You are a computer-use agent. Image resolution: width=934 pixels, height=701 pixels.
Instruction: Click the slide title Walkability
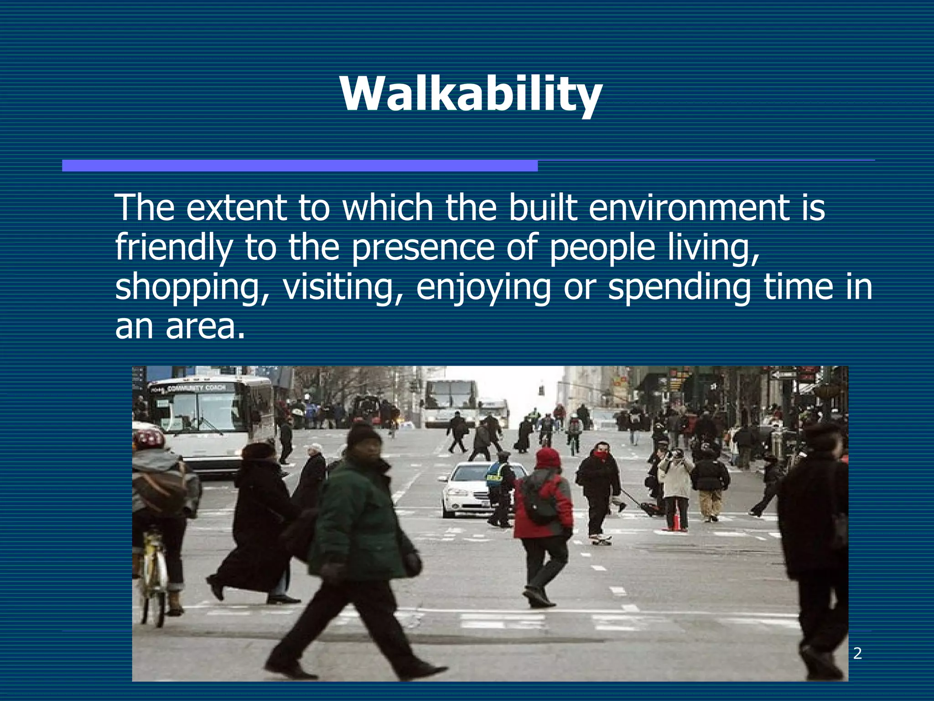[x=471, y=94]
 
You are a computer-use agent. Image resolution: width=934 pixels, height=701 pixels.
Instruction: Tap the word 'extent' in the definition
[x=236, y=208]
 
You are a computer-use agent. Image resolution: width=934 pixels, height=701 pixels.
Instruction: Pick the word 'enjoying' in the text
[x=483, y=288]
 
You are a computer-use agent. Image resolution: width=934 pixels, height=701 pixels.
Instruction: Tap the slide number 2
[x=857, y=654]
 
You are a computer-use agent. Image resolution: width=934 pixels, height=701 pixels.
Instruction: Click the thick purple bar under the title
[x=300, y=166]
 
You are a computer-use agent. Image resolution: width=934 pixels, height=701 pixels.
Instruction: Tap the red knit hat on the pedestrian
[x=548, y=458]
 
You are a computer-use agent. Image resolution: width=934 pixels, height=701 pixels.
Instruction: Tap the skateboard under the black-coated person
[x=601, y=540]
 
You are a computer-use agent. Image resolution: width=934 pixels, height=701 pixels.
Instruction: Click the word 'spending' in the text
[x=679, y=288]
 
